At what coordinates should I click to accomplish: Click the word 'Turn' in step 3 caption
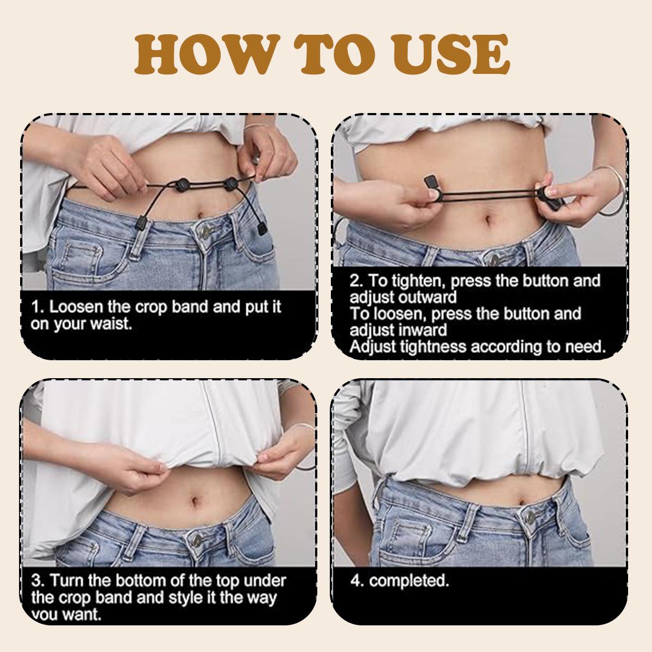[x=66, y=581]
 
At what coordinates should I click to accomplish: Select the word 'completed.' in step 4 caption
[x=409, y=581]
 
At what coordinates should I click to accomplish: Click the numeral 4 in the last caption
[x=356, y=581]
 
